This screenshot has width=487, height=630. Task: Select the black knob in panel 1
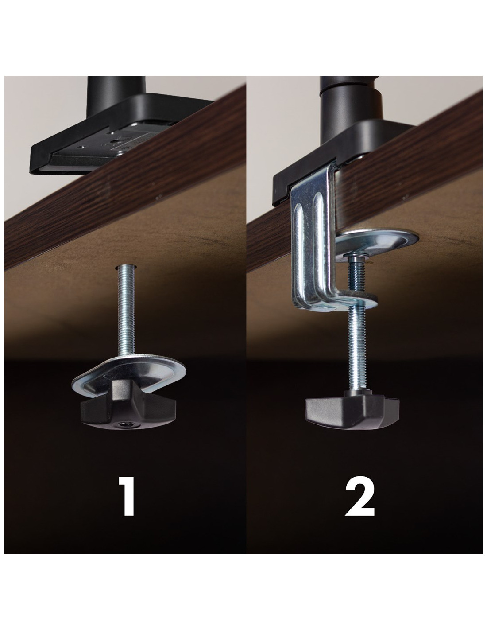coord(128,407)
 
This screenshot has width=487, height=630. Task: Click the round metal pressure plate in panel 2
coord(377,240)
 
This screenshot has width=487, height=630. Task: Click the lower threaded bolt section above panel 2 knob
coord(358,348)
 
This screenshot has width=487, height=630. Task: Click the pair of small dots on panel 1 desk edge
coord(159,196)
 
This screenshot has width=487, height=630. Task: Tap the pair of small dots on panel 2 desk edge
coord(406,196)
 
